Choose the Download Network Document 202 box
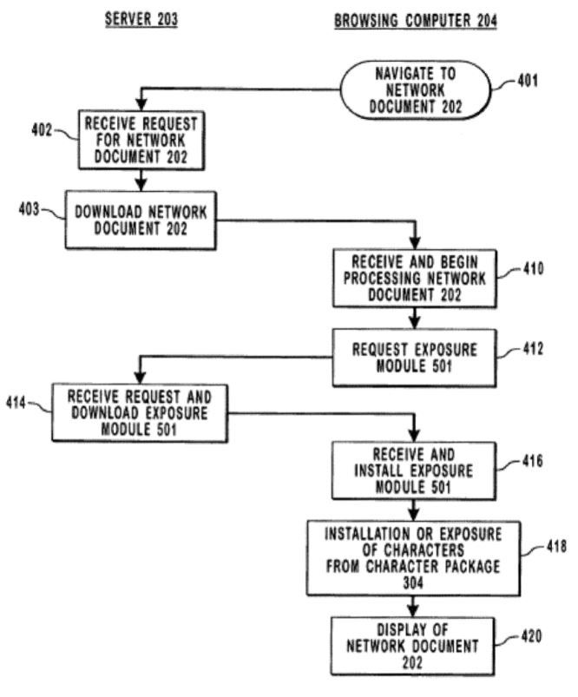[141, 220]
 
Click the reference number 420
[529, 636]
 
